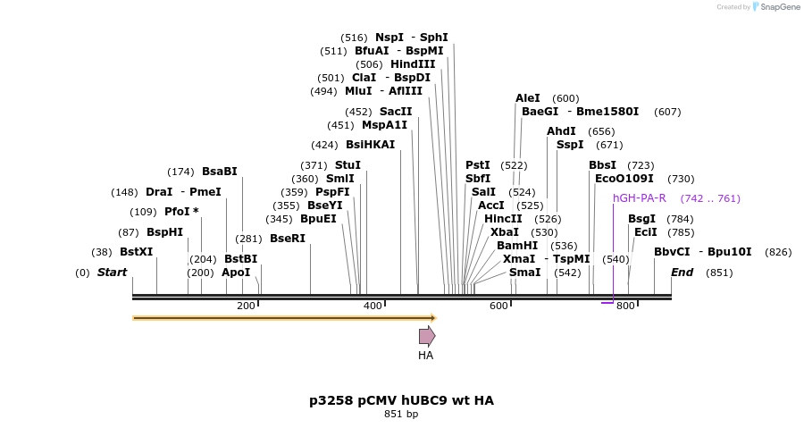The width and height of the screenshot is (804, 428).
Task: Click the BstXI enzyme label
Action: [x=137, y=252]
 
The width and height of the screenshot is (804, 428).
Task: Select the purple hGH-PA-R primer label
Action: [x=639, y=198]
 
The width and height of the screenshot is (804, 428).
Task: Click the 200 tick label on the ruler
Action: [x=246, y=306]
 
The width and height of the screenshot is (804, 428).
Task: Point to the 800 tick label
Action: [x=625, y=306]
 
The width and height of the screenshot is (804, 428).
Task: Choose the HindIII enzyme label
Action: [x=413, y=64]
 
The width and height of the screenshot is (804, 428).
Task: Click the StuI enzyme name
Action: [x=348, y=165]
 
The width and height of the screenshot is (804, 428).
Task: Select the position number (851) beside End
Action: [x=719, y=273]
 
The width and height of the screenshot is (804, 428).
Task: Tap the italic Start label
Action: [x=112, y=273]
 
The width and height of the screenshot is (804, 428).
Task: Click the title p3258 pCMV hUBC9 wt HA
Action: [x=401, y=400]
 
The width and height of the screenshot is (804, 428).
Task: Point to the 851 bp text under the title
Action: [x=401, y=415]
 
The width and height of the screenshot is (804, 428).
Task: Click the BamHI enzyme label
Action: [x=517, y=246]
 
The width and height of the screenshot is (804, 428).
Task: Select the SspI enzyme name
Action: [x=570, y=145]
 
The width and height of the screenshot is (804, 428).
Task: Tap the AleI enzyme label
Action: [x=528, y=98]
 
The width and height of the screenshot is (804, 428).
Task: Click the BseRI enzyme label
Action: [x=288, y=239]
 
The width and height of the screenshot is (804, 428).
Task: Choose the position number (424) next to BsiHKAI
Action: [x=324, y=145]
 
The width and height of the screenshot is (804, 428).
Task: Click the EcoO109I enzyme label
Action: [x=624, y=179]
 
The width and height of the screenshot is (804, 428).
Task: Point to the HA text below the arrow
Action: [x=426, y=356]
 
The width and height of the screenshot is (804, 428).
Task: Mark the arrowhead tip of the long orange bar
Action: [x=435, y=317]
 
